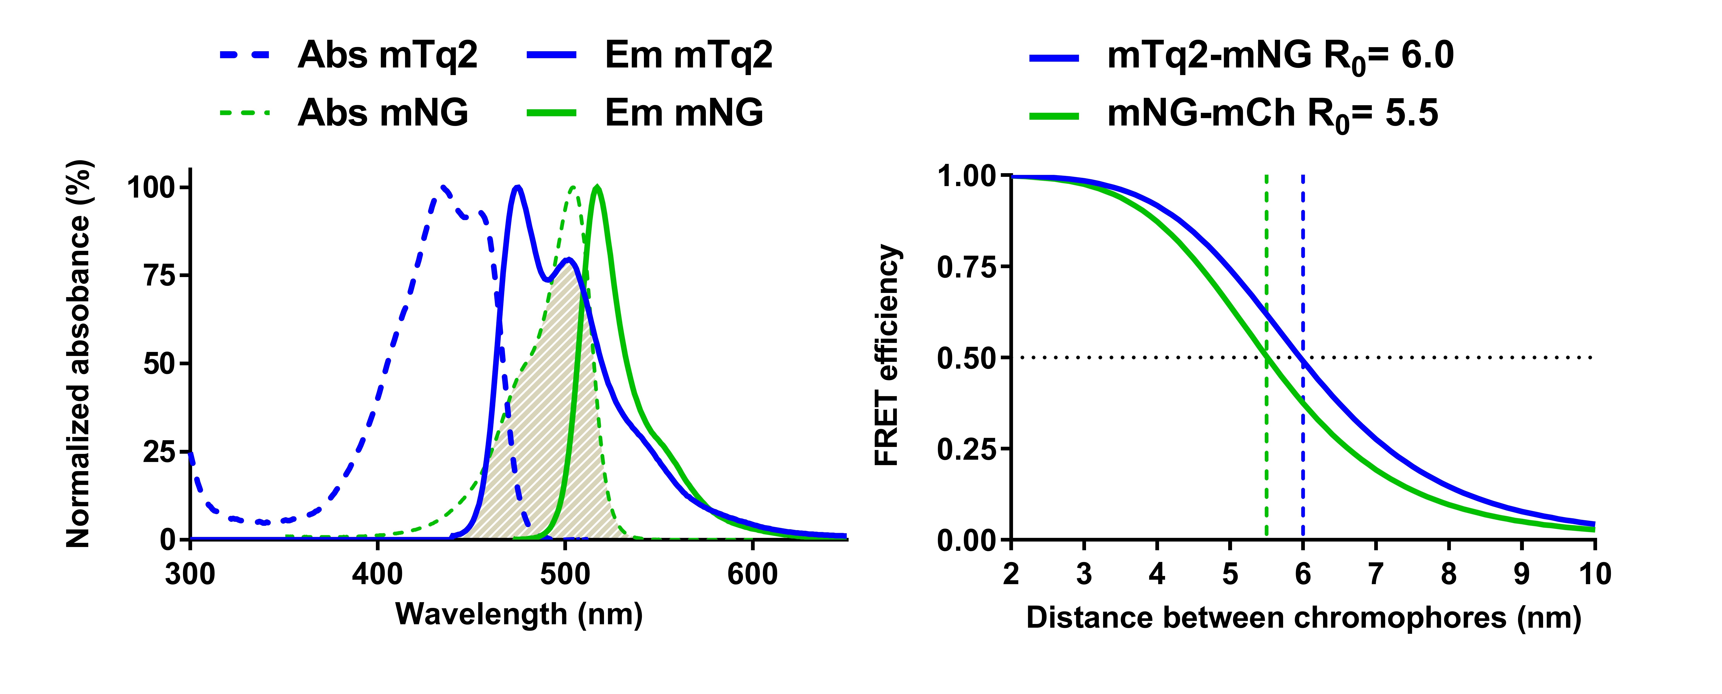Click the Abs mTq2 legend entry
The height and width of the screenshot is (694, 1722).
coord(388,56)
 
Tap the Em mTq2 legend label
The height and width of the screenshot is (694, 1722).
coord(688,56)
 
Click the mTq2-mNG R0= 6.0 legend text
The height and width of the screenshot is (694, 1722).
coord(1280,57)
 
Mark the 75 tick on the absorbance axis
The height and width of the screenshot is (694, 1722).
coord(159,275)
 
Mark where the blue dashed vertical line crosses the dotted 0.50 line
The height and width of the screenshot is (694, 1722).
coord(1303,358)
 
